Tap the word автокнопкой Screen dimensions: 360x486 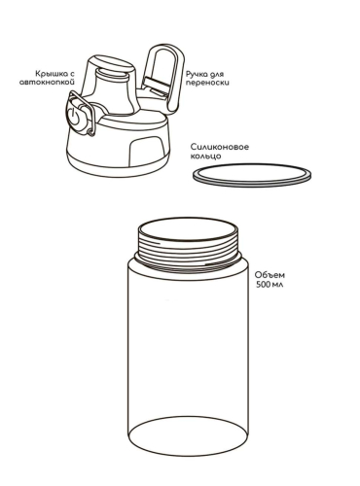point(47,82)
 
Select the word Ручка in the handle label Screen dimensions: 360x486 point(195,74)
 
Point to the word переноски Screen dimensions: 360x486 point(207,83)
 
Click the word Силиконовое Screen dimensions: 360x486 point(220,147)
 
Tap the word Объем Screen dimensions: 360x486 point(270,275)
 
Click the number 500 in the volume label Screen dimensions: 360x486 point(262,285)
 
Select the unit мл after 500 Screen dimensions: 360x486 point(277,285)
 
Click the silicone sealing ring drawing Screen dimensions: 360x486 point(252,184)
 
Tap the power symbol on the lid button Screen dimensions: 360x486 point(73,116)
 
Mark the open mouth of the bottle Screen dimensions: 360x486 point(188,229)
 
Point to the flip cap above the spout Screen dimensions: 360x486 point(112,62)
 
